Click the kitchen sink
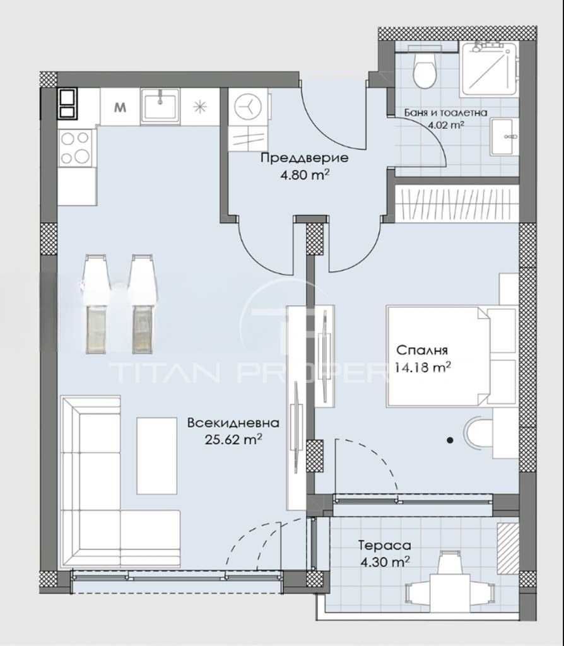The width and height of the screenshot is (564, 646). point(160,104)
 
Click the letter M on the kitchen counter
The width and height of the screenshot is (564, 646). point(119,107)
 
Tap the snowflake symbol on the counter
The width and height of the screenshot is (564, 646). point(200,106)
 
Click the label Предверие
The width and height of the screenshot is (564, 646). point(295,158)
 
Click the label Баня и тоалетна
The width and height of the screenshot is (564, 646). point(445,113)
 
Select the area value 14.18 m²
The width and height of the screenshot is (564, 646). point(423,368)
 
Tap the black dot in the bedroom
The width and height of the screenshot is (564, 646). point(450,440)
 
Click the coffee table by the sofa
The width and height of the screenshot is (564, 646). point(156,454)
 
